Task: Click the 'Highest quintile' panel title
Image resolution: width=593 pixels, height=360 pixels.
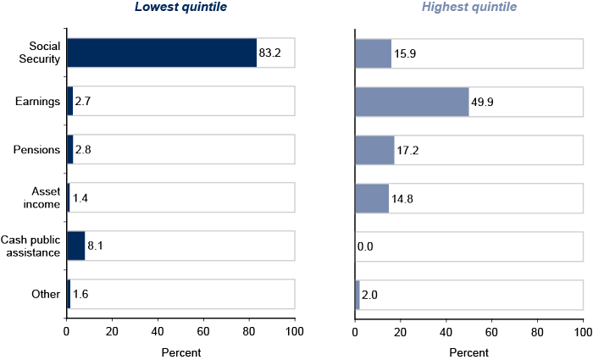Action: click(469, 8)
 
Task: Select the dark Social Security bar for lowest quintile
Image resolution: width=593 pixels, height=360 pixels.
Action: click(161, 53)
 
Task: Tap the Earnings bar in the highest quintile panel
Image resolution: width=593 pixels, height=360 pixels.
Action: click(411, 102)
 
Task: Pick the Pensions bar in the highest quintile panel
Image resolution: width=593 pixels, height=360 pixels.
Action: click(374, 150)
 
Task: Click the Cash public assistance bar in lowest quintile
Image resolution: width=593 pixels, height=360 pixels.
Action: click(75, 246)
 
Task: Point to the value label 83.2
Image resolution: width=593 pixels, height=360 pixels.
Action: click(270, 53)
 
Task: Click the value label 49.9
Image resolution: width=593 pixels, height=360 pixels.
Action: click(482, 102)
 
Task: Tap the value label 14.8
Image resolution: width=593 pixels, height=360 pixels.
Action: click(402, 198)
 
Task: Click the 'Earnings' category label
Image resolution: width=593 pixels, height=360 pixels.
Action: click(37, 102)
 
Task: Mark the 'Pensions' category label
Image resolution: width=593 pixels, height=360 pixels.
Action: click(36, 150)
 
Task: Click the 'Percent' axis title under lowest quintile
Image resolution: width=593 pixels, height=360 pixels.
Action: click(180, 352)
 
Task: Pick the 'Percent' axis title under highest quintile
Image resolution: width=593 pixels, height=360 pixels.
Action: click(468, 352)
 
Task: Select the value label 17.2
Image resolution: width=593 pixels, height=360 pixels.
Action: click(409, 150)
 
